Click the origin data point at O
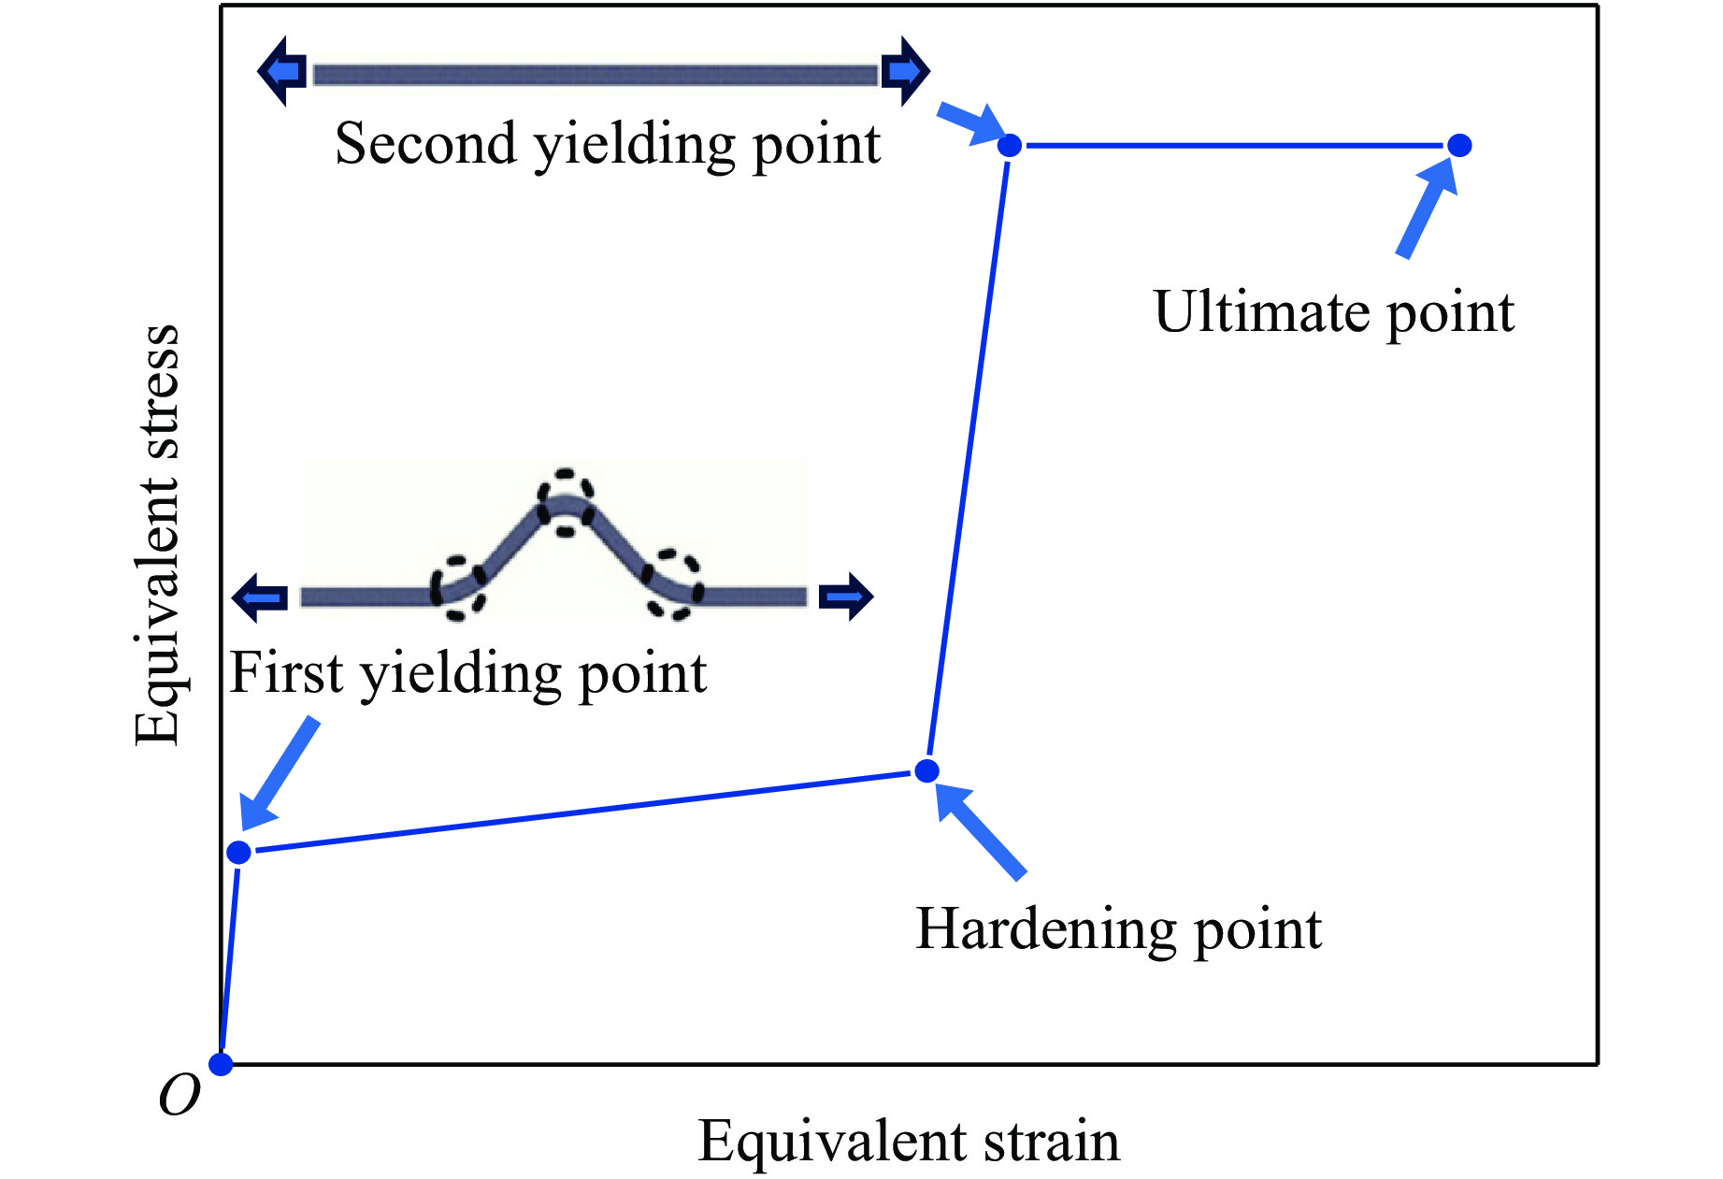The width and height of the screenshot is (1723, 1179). pyautogui.click(x=221, y=1064)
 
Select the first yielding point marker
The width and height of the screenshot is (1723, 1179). pyautogui.click(x=239, y=852)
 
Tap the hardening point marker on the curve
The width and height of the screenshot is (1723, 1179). pyautogui.click(x=926, y=770)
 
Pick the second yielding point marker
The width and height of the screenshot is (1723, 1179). pyautogui.click(x=1010, y=146)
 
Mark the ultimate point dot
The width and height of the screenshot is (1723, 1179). pyautogui.click(x=1459, y=145)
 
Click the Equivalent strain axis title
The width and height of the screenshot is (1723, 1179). pyautogui.click(x=909, y=1142)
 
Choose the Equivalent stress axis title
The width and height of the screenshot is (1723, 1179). pyautogui.click(x=157, y=535)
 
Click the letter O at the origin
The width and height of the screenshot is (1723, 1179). pyautogui.click(x=179, y=1095)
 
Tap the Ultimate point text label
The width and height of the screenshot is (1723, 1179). pyautogui.click(x=1333, y=312)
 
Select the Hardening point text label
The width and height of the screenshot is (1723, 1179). pyautogui.click(x=1118, y=929)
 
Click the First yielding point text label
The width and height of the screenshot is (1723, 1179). pyautogui.click(x=467, y=673)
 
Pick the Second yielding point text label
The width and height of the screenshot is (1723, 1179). pyautogui.click(x=608, y=144)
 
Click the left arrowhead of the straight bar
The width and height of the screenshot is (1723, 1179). pyautogui.click(x=281, y=71)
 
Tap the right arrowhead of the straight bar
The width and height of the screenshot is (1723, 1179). pyautogui.click(x=905, y=71)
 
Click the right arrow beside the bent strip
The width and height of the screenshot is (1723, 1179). pyautogui.click(x=846, y=597)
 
